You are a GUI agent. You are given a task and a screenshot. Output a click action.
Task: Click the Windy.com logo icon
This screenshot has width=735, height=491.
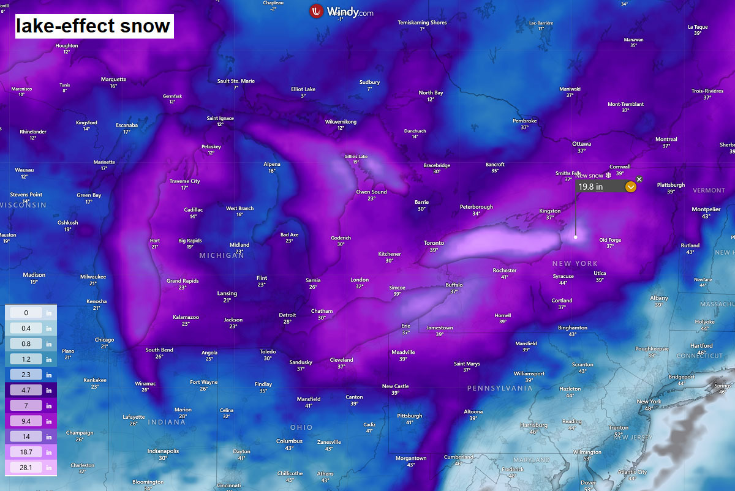pos(317,11)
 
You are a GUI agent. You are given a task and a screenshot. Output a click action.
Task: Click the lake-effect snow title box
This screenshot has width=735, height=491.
pos(94,26)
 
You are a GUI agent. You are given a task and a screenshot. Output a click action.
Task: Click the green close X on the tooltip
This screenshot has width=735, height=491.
pos(639,179)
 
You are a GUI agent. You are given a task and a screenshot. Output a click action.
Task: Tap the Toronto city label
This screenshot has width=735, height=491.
pos(434,243)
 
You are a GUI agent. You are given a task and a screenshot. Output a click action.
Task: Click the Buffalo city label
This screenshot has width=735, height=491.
pos(454,285)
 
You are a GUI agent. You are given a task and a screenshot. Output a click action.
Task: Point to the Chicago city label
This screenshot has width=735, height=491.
pos(104,340)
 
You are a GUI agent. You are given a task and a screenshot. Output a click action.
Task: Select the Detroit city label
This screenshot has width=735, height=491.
pos(287,315)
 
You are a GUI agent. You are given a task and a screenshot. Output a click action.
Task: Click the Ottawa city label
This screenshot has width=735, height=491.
pos(581,144)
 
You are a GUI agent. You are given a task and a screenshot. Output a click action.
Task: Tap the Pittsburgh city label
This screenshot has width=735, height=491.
pos(409,416)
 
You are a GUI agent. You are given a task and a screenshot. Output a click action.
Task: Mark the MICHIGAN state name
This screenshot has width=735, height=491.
pos(221,255)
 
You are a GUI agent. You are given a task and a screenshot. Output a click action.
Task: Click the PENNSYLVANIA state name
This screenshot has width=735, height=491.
pos(499,388)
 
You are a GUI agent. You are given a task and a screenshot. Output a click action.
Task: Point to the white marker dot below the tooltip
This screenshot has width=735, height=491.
pos(576,237)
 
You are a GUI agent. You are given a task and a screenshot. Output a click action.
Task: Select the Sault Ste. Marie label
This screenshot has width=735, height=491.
pos(236,81)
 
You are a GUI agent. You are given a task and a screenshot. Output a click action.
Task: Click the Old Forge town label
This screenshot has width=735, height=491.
pos(610,240)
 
